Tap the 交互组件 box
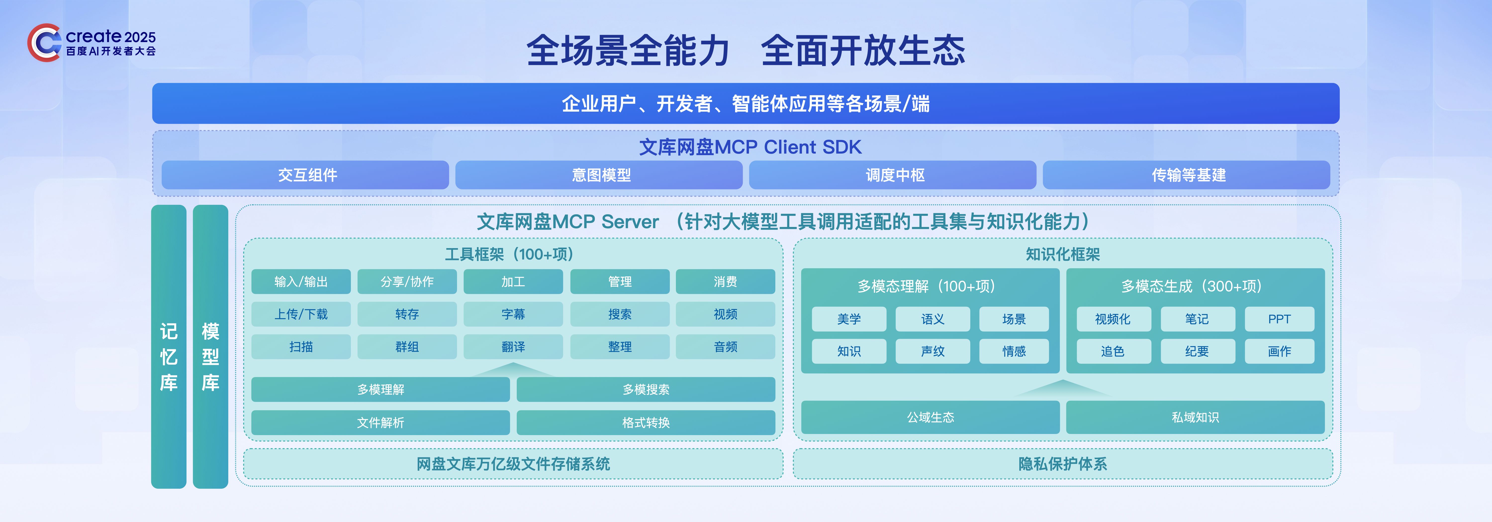pyautogui.click(x=305, y=175)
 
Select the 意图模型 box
pyautogui.click(x=599, y=175)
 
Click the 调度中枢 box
pyautogui.click(x=892, y=175)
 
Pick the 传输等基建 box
pyautogui.click(x=1186, y=175)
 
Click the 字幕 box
pyautogui.click(x=513, y=314)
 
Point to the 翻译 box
pyautogui.click(x=513, y=347)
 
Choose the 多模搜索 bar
pyautogui.click(x=646, y=390)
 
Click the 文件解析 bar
pyautogui.click(x=380, y=423)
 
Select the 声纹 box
pyautogui.click(x=932, y=351)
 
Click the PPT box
pyautogui.click(x=1279, y=319)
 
